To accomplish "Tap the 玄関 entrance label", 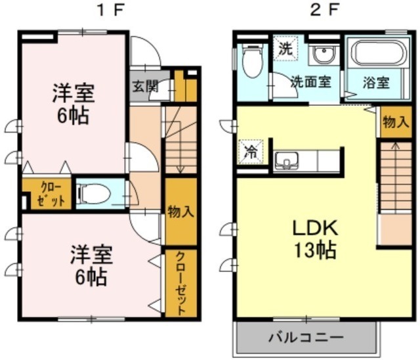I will point(144,86).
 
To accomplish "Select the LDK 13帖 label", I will point(315,240).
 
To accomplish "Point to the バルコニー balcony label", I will point(305,338).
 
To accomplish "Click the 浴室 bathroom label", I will point(375,83).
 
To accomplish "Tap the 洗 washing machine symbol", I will point(285,49).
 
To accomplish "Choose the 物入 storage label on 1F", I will point(180,212).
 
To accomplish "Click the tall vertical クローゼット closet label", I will point(180,283).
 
